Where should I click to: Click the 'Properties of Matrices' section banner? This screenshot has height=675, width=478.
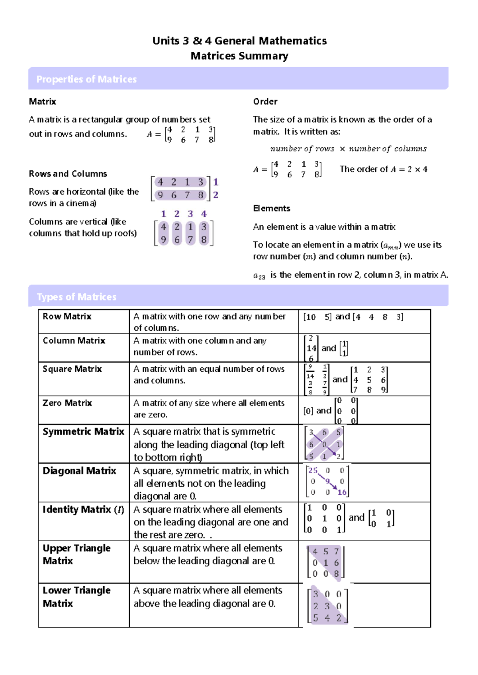pos(86,79)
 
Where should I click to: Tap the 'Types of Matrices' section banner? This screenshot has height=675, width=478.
pos(76,297)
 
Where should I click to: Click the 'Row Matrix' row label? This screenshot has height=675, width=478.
pos(67,316)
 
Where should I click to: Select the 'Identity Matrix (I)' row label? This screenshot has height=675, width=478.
pos(83,509)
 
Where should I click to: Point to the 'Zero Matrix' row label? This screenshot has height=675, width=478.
pos(67,403)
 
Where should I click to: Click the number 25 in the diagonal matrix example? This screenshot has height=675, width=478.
pos(313,470)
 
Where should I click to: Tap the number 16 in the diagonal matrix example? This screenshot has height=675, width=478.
pos(342,492)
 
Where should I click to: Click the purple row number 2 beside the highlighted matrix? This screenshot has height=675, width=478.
pos(215,195)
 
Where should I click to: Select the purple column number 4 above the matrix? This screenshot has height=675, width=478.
pos(204,214)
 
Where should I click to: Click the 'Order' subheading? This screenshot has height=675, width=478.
pos(265,101)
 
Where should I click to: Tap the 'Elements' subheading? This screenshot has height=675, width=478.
pos(272,209)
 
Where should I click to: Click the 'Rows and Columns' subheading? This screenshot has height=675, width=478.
pos(68,174)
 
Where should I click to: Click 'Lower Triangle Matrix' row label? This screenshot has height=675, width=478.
pos(76,597)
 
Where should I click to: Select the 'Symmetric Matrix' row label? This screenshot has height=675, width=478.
pos(83,431)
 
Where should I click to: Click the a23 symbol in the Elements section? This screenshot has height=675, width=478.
pos(259,275)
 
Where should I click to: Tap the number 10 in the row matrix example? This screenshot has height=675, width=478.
pos(310,317)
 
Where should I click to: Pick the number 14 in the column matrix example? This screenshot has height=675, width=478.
pos(311,348)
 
